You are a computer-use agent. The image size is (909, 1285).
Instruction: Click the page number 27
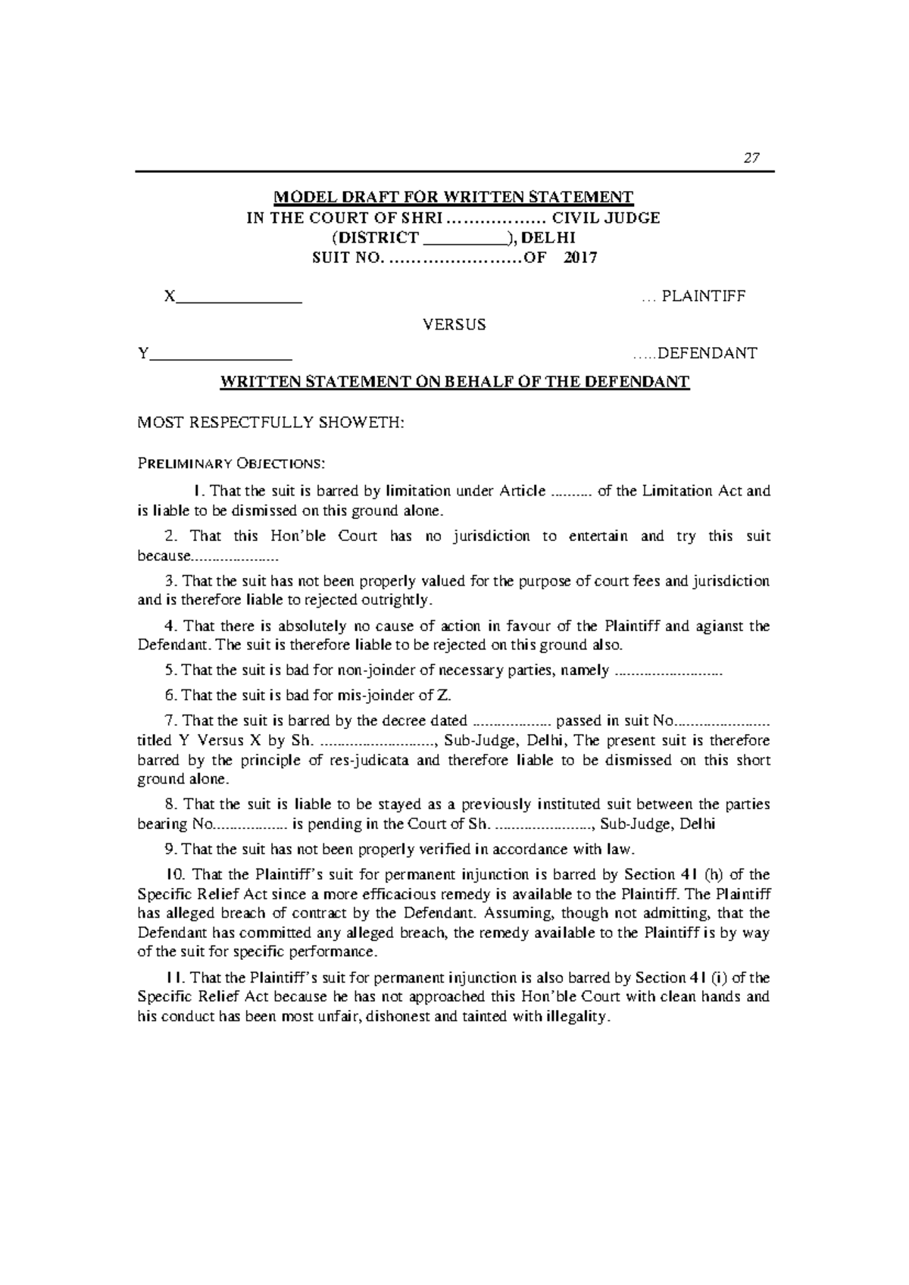coord(751,158)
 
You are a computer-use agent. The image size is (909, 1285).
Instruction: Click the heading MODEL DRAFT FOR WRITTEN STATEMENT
coord(453,198)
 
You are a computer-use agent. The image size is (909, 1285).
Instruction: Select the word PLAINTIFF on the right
coord(704,296)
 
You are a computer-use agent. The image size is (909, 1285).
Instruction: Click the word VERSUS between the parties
coord(454,325)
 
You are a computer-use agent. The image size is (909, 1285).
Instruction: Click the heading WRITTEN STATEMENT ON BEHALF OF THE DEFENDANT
coord(454,382)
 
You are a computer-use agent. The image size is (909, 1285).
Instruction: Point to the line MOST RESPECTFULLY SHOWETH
coord(271,423)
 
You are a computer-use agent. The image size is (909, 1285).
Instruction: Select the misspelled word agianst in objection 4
coord(718,627)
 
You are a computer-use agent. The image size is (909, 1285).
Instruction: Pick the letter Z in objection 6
coord(445,696)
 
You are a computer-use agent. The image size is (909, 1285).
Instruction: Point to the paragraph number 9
coord(169,849)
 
